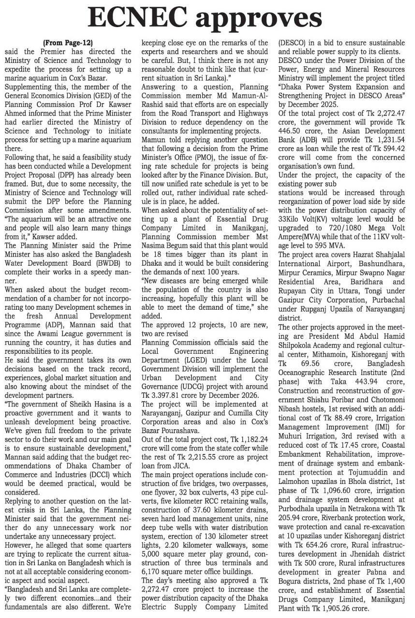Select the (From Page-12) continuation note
click(x=68, y=43)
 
